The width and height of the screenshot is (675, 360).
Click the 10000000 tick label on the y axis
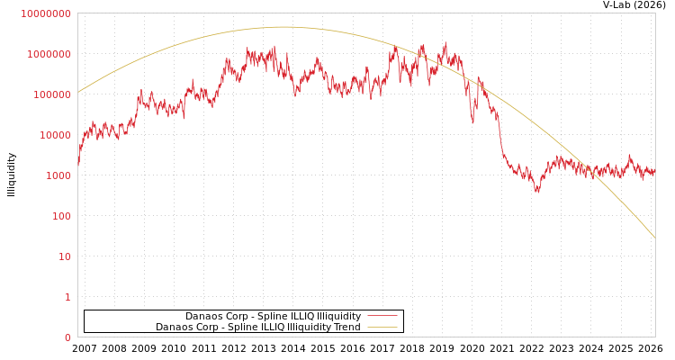click(45, 13)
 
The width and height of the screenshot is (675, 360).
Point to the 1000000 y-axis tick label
click(49, 54)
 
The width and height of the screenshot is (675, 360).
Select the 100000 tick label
click(51, 94)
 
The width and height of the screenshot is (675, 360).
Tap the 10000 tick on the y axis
click(54, 135)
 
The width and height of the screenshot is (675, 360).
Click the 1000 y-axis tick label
click(58, 175)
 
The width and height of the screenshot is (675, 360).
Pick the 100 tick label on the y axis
click(61, 216)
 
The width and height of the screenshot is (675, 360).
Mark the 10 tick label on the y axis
click(65, 256)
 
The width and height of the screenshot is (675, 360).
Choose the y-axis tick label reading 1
click(67, 297)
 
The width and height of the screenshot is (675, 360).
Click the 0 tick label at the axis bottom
click(67, 337)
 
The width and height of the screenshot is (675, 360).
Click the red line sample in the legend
click(382, 316)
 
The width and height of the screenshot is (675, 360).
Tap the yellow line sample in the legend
click(382, 327)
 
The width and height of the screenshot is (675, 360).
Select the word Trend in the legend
click(346, 327)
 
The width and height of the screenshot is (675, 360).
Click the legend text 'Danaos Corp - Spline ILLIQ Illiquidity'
click(273, 316)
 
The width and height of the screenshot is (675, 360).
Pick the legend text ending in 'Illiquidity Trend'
click(258, 327)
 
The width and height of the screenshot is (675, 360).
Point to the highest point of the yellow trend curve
click(283, 27)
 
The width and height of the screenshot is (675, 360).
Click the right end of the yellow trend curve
click(654, 238)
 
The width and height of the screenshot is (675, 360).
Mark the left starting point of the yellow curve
click(78, 92)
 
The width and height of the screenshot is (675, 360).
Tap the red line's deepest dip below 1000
click(537, 191)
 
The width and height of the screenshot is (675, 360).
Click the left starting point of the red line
click(78, 166)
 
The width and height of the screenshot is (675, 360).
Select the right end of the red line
click(654, 169)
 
